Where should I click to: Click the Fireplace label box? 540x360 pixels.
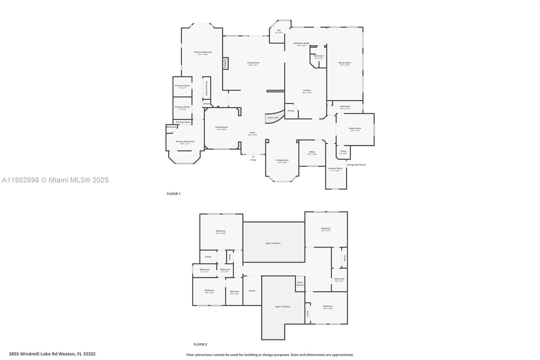point(225,63)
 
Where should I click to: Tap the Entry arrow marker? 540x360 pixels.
point(253,156)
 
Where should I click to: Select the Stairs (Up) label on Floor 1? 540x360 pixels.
point(273,118)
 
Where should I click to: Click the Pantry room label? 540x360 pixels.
point(291,111)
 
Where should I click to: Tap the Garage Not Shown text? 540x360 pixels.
point(356,165)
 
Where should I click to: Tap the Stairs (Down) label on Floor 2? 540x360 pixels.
point(300,284)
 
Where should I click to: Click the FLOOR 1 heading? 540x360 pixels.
point(173,194)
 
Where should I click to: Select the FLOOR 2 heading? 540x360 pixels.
point(200,344)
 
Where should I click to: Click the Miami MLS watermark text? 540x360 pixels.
point(55,180)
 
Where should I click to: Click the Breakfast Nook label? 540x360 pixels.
point(301,44)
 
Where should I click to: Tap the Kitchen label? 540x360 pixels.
point(307,91)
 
